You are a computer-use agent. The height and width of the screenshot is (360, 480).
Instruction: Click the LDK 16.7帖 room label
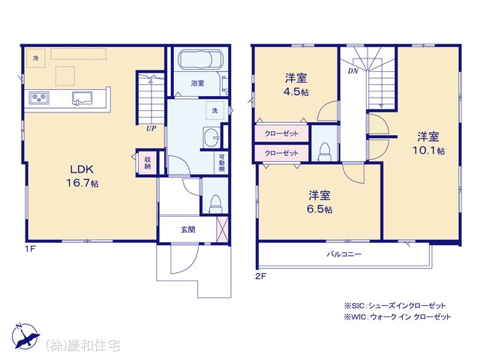point(82,176)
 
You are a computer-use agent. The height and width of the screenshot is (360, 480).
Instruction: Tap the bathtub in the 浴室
point(200,59)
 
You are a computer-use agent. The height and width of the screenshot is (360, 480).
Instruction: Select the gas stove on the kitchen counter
point(39,98)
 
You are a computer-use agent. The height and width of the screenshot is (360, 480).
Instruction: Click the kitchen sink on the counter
point(82,98)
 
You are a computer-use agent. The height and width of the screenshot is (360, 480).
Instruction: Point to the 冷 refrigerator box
point(35,58)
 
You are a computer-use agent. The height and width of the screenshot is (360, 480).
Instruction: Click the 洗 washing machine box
point(215,110)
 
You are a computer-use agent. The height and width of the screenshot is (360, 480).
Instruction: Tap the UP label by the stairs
point(151,128)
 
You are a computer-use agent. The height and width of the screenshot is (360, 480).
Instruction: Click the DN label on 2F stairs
point(353,71)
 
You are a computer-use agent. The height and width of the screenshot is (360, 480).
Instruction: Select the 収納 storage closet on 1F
point(147,163)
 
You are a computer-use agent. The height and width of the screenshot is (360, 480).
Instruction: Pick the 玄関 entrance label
point(188,229)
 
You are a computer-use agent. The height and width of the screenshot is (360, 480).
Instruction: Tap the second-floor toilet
point(324,151)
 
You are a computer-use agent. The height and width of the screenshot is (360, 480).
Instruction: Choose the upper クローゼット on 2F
point(281,133)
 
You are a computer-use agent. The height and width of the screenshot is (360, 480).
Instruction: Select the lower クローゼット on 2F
point(281,153)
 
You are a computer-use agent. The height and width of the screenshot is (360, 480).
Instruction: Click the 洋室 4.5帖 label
point(296,85)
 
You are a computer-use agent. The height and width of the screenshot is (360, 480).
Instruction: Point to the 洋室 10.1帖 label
point(428,143)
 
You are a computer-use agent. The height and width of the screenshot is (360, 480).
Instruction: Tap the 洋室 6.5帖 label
point(319,202)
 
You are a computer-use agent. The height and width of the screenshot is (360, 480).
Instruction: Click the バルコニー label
point(344,254)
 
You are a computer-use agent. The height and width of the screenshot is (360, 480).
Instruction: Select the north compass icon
point(25,335)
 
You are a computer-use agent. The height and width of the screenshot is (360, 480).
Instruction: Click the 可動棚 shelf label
point(221,163)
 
